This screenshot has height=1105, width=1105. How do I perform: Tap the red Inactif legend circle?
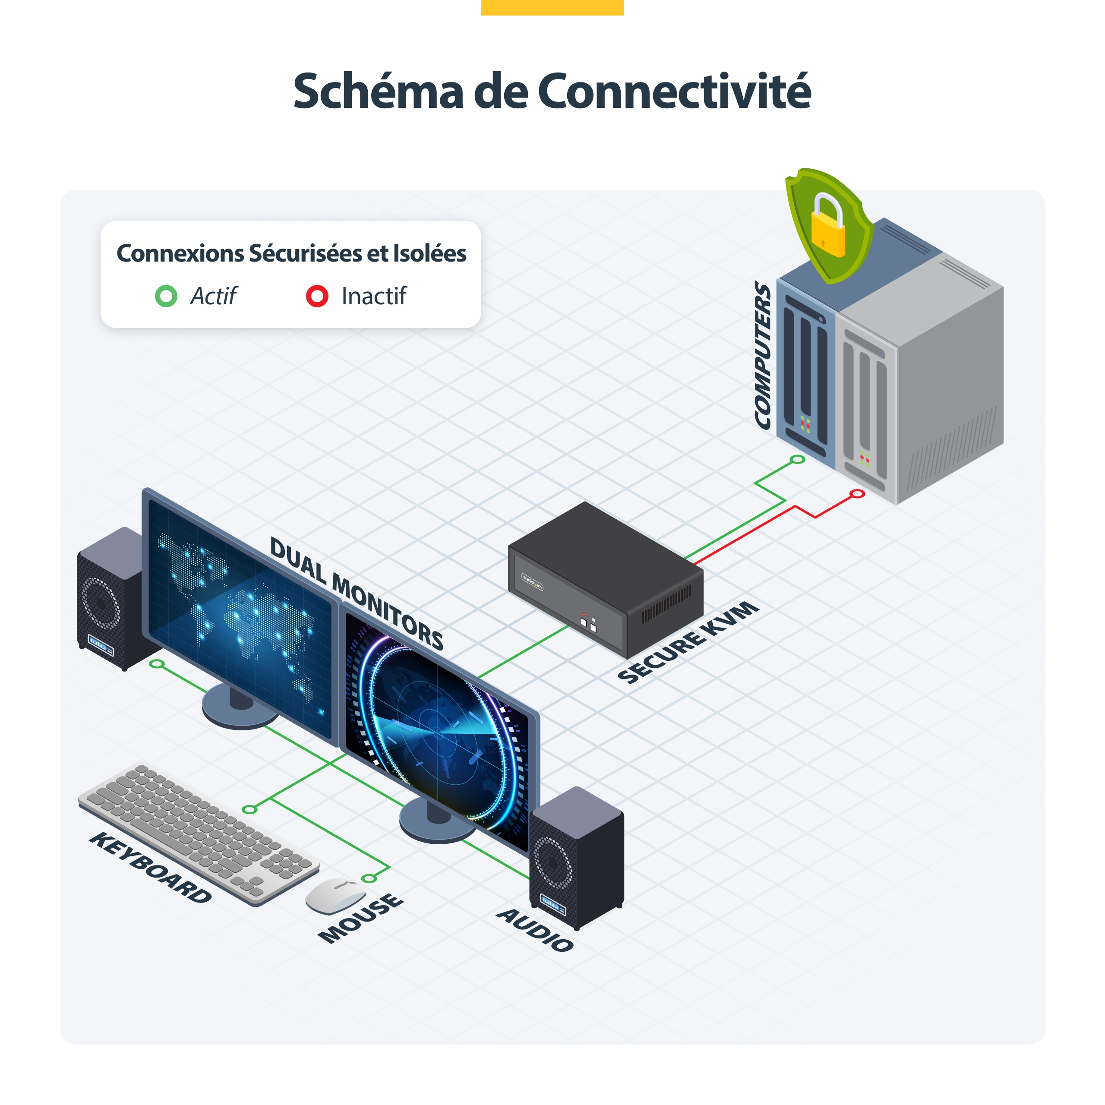coord(317,296)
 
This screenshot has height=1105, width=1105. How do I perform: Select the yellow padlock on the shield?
coord(827,225)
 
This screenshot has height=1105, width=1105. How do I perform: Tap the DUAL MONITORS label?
coord(357,593)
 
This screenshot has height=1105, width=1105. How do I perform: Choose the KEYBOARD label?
coord(150,868)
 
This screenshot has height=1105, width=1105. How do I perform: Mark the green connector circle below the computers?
coord(797,459)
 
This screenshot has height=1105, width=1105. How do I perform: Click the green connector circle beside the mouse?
coord(369,878)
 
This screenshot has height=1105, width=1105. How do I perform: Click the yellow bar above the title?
coord(552,7)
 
